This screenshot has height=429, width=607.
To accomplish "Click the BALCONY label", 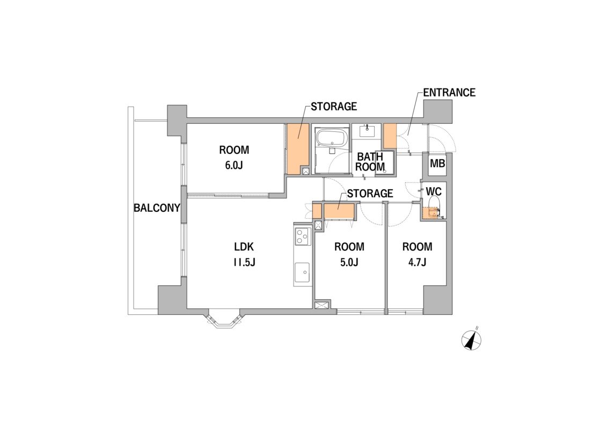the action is click(x=157, y=208).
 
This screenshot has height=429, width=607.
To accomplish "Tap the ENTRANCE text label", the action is click(x=449, y=92).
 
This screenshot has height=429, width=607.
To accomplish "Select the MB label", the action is click(x=437, y=164).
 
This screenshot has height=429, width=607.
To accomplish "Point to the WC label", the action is click(x=434, y=191).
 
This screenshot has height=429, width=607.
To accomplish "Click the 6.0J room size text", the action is click(x=234, y=166).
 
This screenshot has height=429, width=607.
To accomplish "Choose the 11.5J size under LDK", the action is click(x=244, y=263).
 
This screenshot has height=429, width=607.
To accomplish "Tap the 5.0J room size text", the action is click(x=349, y=262).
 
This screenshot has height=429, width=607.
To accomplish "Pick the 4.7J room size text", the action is click(x=417, y=262).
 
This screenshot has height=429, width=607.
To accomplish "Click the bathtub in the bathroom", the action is click(x=331, y=139).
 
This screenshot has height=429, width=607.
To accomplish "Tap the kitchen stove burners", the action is click(x=302, y=236).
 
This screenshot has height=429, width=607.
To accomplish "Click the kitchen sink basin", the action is click(x=302, y=273).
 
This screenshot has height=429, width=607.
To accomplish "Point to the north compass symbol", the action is click(x=472, y=339).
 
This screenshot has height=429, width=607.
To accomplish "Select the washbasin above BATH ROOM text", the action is click(x=367, y=131).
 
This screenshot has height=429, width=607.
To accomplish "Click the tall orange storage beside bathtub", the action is click(x=297, y=149).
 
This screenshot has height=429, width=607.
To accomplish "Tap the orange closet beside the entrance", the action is click(x=390, y=136).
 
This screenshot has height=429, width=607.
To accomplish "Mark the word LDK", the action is click(x=244, y=247).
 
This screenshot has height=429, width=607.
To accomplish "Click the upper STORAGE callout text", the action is click(x=334, y=106).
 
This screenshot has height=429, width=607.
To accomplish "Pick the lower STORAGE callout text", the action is click(x=370, y=193).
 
